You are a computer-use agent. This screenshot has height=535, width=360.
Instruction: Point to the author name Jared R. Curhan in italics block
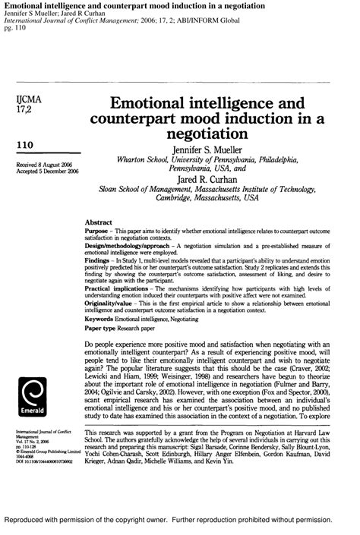tap(207, 181)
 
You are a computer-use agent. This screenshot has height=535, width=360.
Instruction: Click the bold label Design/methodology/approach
tap(127, 247)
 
